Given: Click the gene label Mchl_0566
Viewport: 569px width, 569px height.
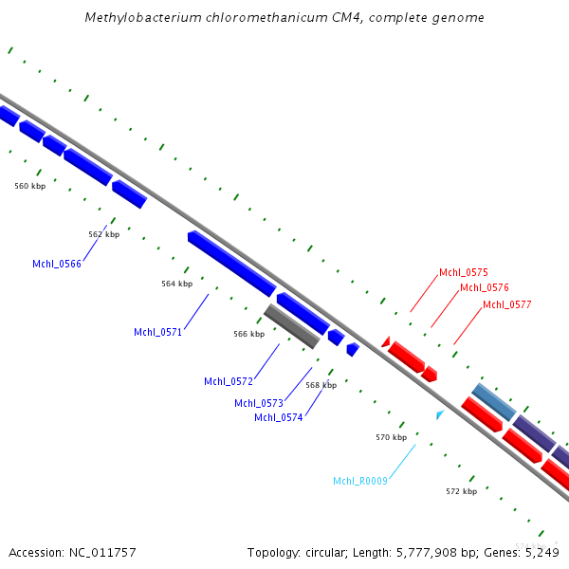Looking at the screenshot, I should pyautogui.click(x=56, y=264).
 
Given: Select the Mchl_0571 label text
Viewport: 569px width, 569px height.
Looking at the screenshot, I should pyautogui.click(x=157, y=332).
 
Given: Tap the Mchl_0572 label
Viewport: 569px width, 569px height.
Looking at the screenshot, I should pyautogui.click(x=228, y=381).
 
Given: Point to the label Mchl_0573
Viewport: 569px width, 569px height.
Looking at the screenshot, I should pyautogui.click(x=258, y=403).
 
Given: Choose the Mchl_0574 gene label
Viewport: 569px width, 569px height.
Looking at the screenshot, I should pyautogui.click(x=278, y=417).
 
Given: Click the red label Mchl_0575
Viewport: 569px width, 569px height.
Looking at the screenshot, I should pyautogui.click(x=463, y=273).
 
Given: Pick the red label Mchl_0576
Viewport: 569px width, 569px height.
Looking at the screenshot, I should pyautogui.click(x=484, y=287).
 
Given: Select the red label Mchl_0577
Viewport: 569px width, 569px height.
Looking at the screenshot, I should pyautogui.click(x=506, y=304).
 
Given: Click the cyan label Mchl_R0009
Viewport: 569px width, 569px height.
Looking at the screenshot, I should pyautogui.click(x=359, y=482).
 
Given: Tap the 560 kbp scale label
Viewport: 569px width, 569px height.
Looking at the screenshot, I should pyautogui.click(x=29, y=187).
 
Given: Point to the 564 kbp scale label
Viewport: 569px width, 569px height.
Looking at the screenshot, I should pyautogui.click(x=176, y=284).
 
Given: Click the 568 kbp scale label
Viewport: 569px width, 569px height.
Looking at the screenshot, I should pyautogui.click(x=321, y=385).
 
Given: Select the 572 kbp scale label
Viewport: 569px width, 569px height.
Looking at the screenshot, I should pyautogui.click(x=461, y=491).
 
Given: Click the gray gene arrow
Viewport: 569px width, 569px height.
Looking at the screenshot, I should pyautogui.click(x=291, y=326).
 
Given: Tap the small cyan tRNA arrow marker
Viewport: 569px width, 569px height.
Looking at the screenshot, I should pyautogui.click(x=439, y=415).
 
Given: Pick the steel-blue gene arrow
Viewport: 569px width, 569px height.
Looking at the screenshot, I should pyautogui.click(x=493, y=402).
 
